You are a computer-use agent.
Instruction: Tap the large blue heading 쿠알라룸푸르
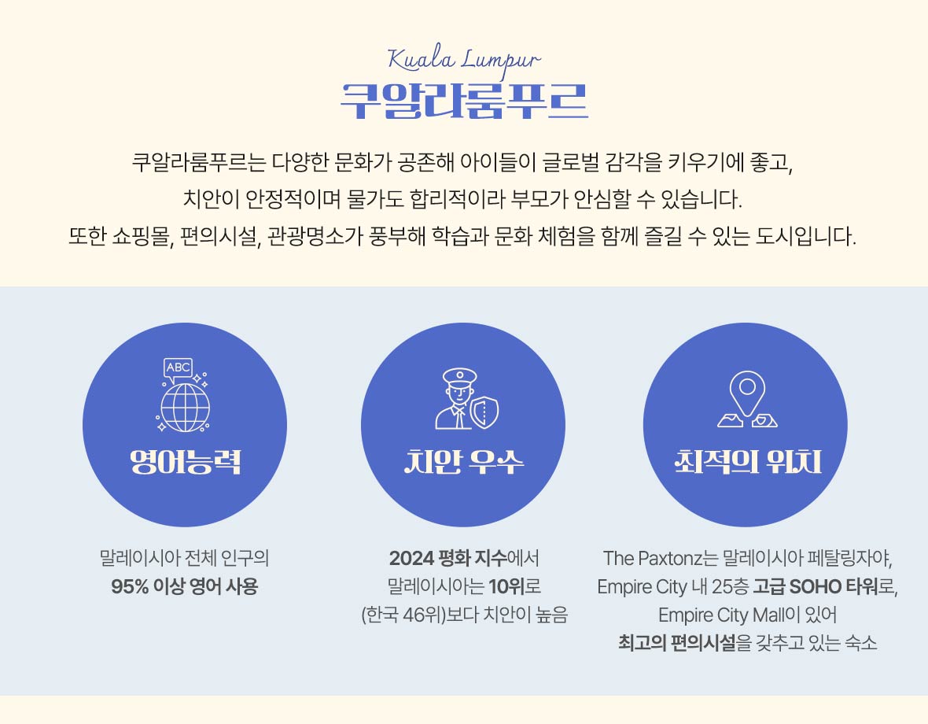click(x=464, y=102)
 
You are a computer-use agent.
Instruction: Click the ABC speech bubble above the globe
click(x=178, y=369)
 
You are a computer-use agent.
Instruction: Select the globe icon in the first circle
click(x=185, y=408)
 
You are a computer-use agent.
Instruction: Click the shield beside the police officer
click(x=484, y=412)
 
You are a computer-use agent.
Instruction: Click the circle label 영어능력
click(x=186, y=462)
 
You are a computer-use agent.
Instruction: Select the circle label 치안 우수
click(x=463, y=462)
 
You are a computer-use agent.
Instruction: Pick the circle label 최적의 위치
click(x=748, y=462)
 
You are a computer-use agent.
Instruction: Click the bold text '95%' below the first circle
click(x=130, y=586)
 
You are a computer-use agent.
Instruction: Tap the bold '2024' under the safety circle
click(x=411, y=558)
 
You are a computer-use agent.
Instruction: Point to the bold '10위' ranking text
click(x=506, y=586)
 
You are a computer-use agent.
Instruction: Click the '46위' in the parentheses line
click(x=422, y=615)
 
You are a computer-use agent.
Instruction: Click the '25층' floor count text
click(x=730, y=586)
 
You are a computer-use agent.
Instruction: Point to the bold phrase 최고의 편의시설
click(x=677, y=643)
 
